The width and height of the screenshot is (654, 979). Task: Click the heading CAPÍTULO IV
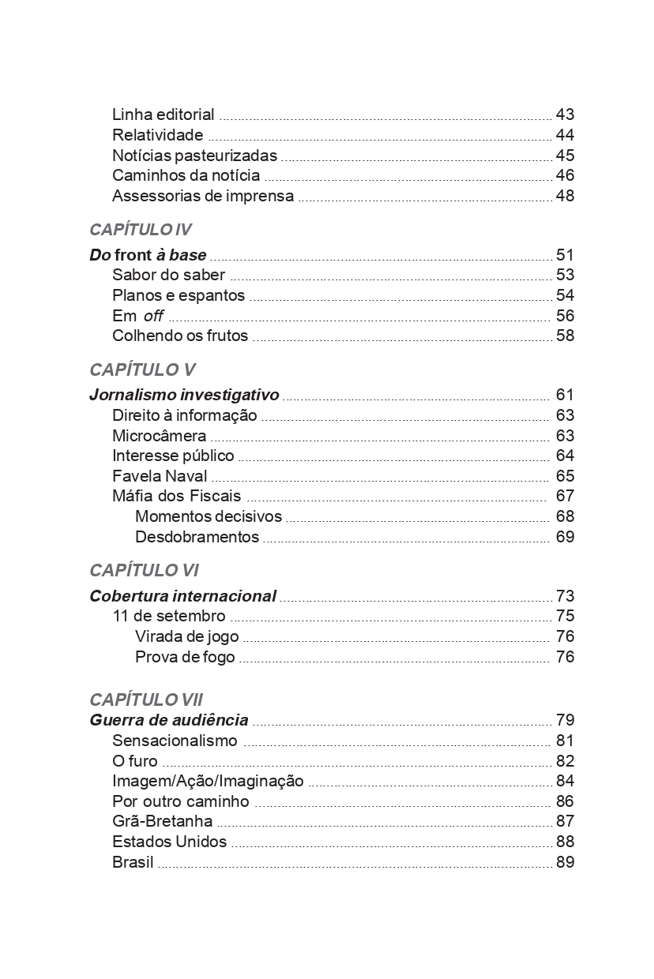(141, 230)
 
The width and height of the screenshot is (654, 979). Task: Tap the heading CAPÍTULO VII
(146, 700)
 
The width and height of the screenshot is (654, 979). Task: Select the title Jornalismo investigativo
(184, 395)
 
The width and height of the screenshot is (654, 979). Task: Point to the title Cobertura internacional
(182, 596)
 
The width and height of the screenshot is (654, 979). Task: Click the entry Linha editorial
(163, 114)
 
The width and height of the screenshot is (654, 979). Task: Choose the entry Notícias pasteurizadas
(194, 156)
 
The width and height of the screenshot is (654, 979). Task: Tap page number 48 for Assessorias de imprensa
(565, 196)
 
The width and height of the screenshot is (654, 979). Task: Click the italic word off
(153, 316)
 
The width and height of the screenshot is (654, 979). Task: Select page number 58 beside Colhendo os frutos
(565, 336)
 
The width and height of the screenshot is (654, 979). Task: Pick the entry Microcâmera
(159, 436)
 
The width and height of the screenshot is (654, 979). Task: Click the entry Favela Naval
(160, 476)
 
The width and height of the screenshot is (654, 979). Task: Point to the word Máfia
(131, 497)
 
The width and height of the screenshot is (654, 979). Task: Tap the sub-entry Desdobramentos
(197, 537)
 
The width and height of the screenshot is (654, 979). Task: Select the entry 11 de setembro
(168, 616)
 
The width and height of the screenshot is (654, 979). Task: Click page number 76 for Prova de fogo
(565, 657)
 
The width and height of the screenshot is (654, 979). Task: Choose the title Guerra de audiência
(169, 720)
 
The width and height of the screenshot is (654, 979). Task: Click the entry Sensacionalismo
(175, 741)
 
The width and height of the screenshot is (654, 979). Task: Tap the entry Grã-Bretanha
(162, 821)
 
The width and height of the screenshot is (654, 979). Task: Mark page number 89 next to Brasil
(565, 862)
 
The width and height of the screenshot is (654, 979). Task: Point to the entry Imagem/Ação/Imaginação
(208, 781)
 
